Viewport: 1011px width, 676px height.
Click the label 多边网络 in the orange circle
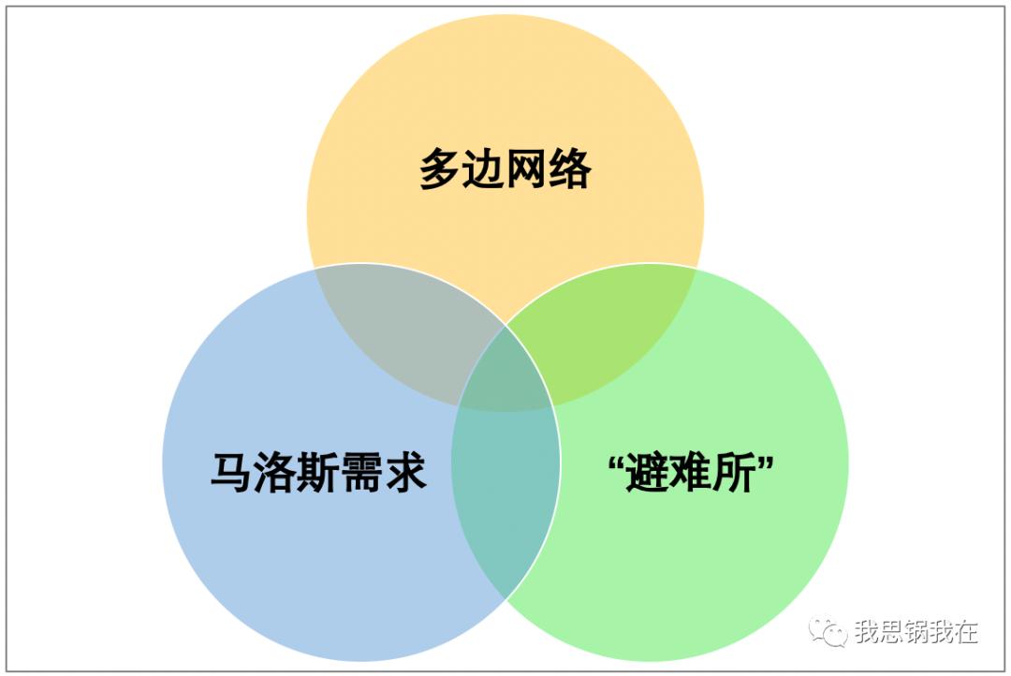point(505,169)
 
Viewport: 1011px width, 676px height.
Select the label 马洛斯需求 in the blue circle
point(318,472)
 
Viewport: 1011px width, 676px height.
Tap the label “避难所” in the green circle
point(691,472)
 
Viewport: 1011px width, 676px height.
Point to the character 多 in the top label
point(441,169)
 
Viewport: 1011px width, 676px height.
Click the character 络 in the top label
point(570,169)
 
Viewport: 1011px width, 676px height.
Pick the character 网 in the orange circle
point(527,169)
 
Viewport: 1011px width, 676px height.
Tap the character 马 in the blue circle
point(231,472)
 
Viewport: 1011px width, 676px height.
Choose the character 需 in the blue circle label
point(361,472)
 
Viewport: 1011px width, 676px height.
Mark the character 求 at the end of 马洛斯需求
point(405,472)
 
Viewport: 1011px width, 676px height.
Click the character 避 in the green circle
point(647,473)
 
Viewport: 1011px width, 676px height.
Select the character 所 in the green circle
point(734,473)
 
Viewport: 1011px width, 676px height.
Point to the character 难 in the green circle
point(691,473)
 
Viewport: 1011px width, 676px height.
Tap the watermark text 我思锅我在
point(916,631)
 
